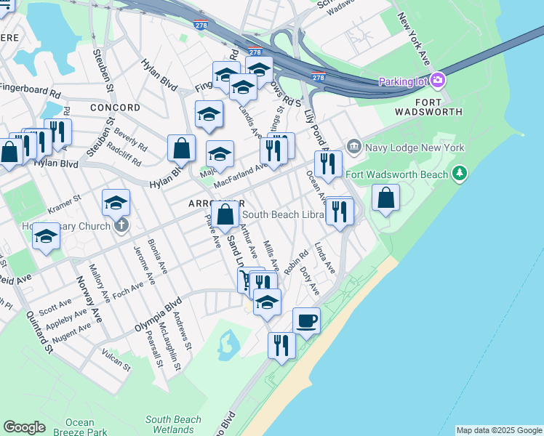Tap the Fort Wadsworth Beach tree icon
pyautogui.click(x=459, y=174)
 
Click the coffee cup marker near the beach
pyautogui.click(x=306, y=320)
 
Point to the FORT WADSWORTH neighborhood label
pyautogui.click(x=429, y=106)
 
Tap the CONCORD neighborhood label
pyautogui.click(x=115, y=108)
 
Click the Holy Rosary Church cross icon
pyautogui.click(x=121, y=225)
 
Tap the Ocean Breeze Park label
pyautogui.click(x=79, y=427)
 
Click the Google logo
pyautogui.click(x=24, y=427)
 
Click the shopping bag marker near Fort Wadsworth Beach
pyautogui.click(x=385, y=198)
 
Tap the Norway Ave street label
pyautogui.click(x=88, y=300)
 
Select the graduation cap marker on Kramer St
pyautogui.click(x=116, y=204)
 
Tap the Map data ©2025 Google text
pyautogui.click(x=500, y=430)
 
